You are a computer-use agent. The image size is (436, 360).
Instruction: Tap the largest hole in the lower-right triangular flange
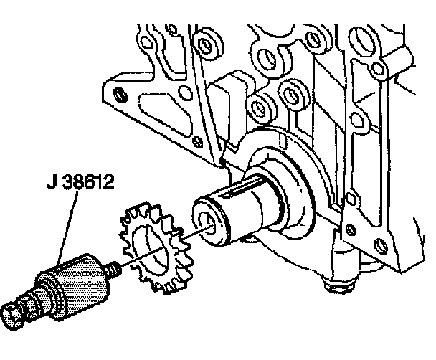coord(351,230)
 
